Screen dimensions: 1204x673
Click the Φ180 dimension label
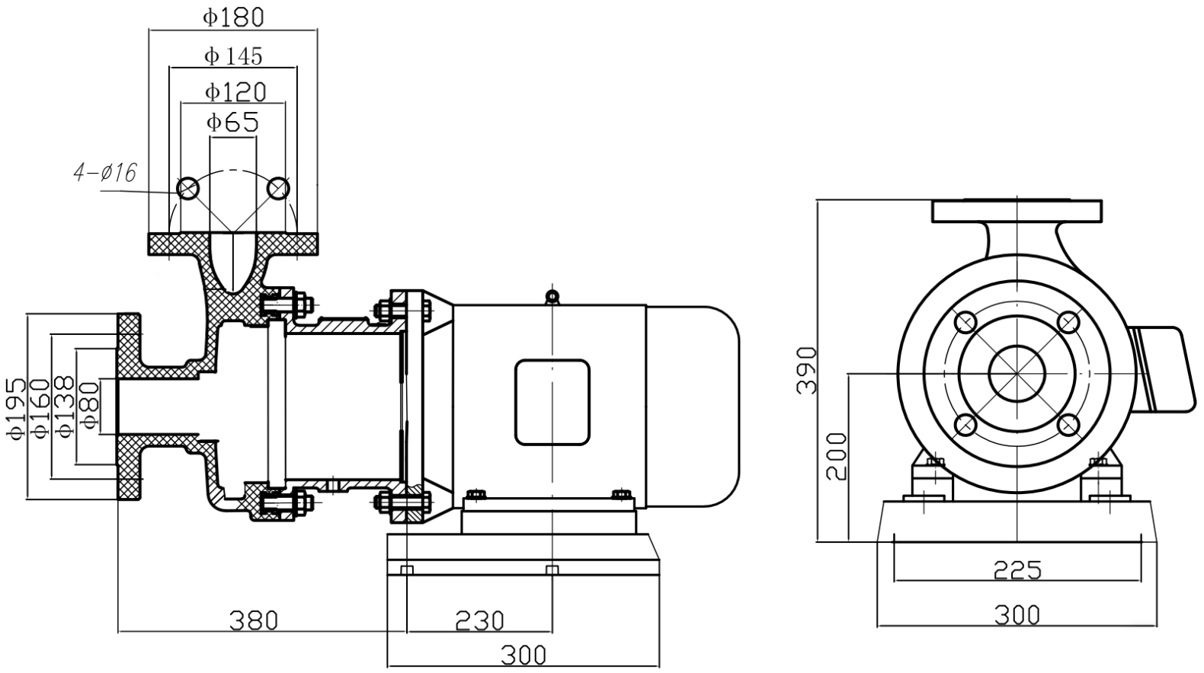pos(233,17)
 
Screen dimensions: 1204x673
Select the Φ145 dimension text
pos(233,56)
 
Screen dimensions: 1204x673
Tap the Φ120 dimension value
pos(235,92)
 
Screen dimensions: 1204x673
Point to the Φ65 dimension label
pos(233,122)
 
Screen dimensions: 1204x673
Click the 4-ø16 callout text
pos(105,174)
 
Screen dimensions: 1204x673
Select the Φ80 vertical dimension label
pos(90,405)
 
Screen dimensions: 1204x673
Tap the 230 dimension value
pos(480,620)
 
